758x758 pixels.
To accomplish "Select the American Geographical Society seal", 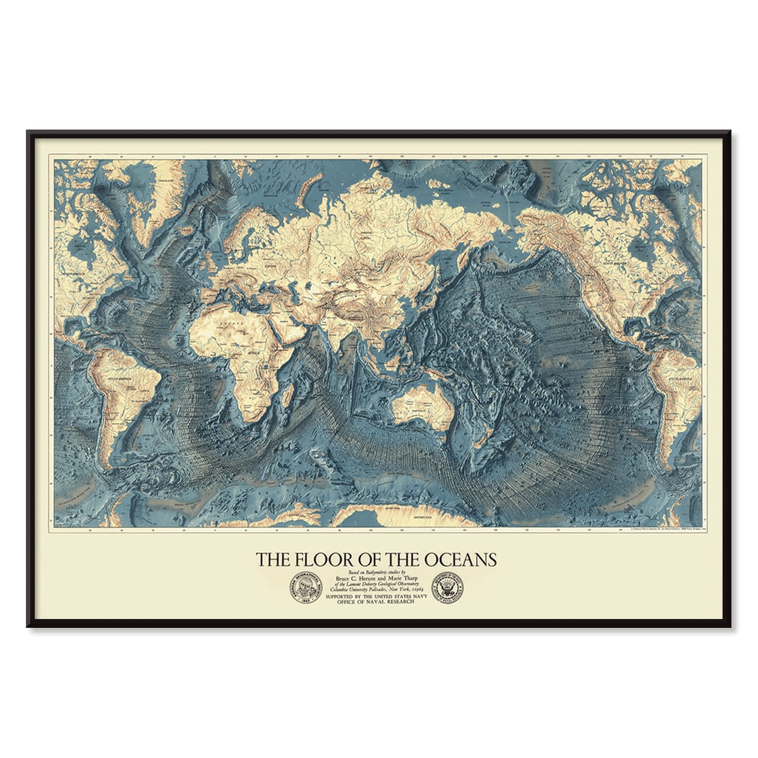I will [306, 589].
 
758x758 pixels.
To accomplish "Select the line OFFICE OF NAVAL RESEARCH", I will [376, 603].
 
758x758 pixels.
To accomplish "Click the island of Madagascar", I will [292, 400].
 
